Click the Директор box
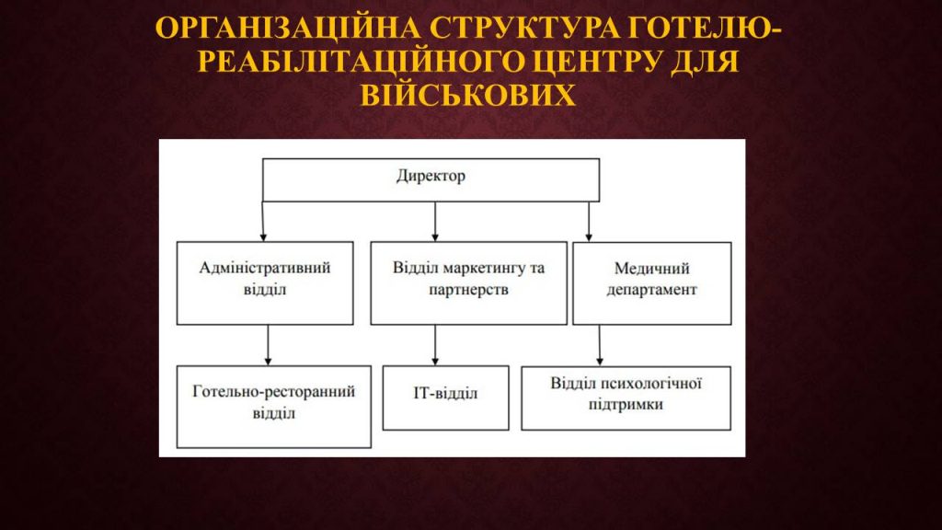[431, 179]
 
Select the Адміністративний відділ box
[265, 283]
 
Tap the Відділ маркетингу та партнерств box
[468, 283]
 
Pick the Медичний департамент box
[652, 283]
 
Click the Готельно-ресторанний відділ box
[274, 407]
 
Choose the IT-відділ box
[446, 397]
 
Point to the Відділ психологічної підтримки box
[626, 397]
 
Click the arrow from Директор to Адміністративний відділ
[263, 222]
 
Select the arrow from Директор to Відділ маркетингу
[435, 222]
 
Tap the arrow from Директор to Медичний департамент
[589, 222]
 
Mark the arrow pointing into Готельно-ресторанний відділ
[268, 345]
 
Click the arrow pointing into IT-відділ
[435, 345]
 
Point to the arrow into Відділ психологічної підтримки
[600, 346]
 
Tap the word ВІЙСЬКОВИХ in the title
[468, 95]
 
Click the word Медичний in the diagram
[652, 268]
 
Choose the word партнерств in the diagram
[468, 290]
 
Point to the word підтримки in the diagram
[626, 405]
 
